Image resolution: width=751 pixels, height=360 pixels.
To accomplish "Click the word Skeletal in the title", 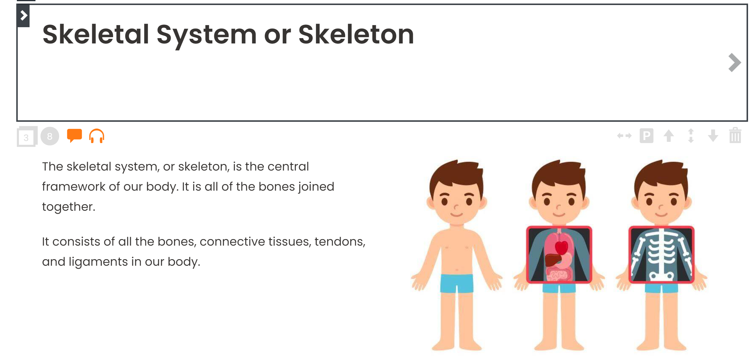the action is pyautogui.click(x=96, y=35).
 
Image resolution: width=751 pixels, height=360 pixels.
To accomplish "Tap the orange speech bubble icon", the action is pyautogui.click(x=74, y=136).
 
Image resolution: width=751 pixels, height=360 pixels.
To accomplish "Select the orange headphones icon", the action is pyautogui.click(x=97, y=136).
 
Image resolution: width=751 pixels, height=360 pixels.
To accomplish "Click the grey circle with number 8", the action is pyautogui.click(x=50, y=136).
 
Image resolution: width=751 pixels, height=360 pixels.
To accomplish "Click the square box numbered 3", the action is pyautogui.click(x=27, y=137).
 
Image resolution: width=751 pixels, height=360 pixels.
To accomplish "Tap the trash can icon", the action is pyautogui.click(x=735, y=135).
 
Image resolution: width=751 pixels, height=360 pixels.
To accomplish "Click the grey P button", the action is pyautogui.click(x=646, y=136).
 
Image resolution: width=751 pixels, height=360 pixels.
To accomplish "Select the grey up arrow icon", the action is pyautogui.click(x=669, y=136).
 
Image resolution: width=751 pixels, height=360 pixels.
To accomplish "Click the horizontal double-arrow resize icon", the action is pyautogui.click(x=624, y=136).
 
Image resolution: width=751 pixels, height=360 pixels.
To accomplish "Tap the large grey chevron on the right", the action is pyautogui.click(x=734, y=63).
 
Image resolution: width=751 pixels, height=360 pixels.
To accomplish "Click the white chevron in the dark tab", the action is pyautogui.click(x=24, y=15).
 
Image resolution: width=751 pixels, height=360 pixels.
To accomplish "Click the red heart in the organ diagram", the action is pyautogui.click(x=561, y=247).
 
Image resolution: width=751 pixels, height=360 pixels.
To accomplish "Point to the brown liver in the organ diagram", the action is pyautogui.click(x=553, y=260).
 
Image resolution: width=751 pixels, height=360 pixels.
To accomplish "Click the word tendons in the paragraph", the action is pyautogui.click(x=340, y=242).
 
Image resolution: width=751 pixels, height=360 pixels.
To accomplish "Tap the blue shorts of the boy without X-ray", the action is pyautogui.click(x=457, y=283).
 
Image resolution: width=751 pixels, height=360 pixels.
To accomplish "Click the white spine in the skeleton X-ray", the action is pyautogui.click(x=661, y=254).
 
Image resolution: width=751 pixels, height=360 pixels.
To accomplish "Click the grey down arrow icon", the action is pyautogui.click(x=713, y=136).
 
